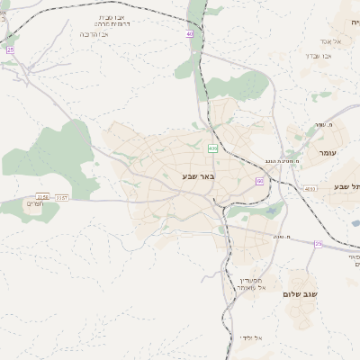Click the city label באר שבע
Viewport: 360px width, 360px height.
pos(199,176)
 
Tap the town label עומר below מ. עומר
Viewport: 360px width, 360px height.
pos(327,154)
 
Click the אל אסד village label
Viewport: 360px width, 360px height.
pos(326,42)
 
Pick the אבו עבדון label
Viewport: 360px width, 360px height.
pos(319,56)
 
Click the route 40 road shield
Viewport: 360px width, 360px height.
pos(189,34)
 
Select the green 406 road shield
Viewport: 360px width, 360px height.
pos(212,148)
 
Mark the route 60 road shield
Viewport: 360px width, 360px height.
pos(259,181)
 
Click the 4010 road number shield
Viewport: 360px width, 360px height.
pos(310,189)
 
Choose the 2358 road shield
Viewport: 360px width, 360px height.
pos(42,196)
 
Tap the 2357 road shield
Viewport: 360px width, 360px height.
pos(61,196)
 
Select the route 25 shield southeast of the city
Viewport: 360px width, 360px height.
pos(318,244)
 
